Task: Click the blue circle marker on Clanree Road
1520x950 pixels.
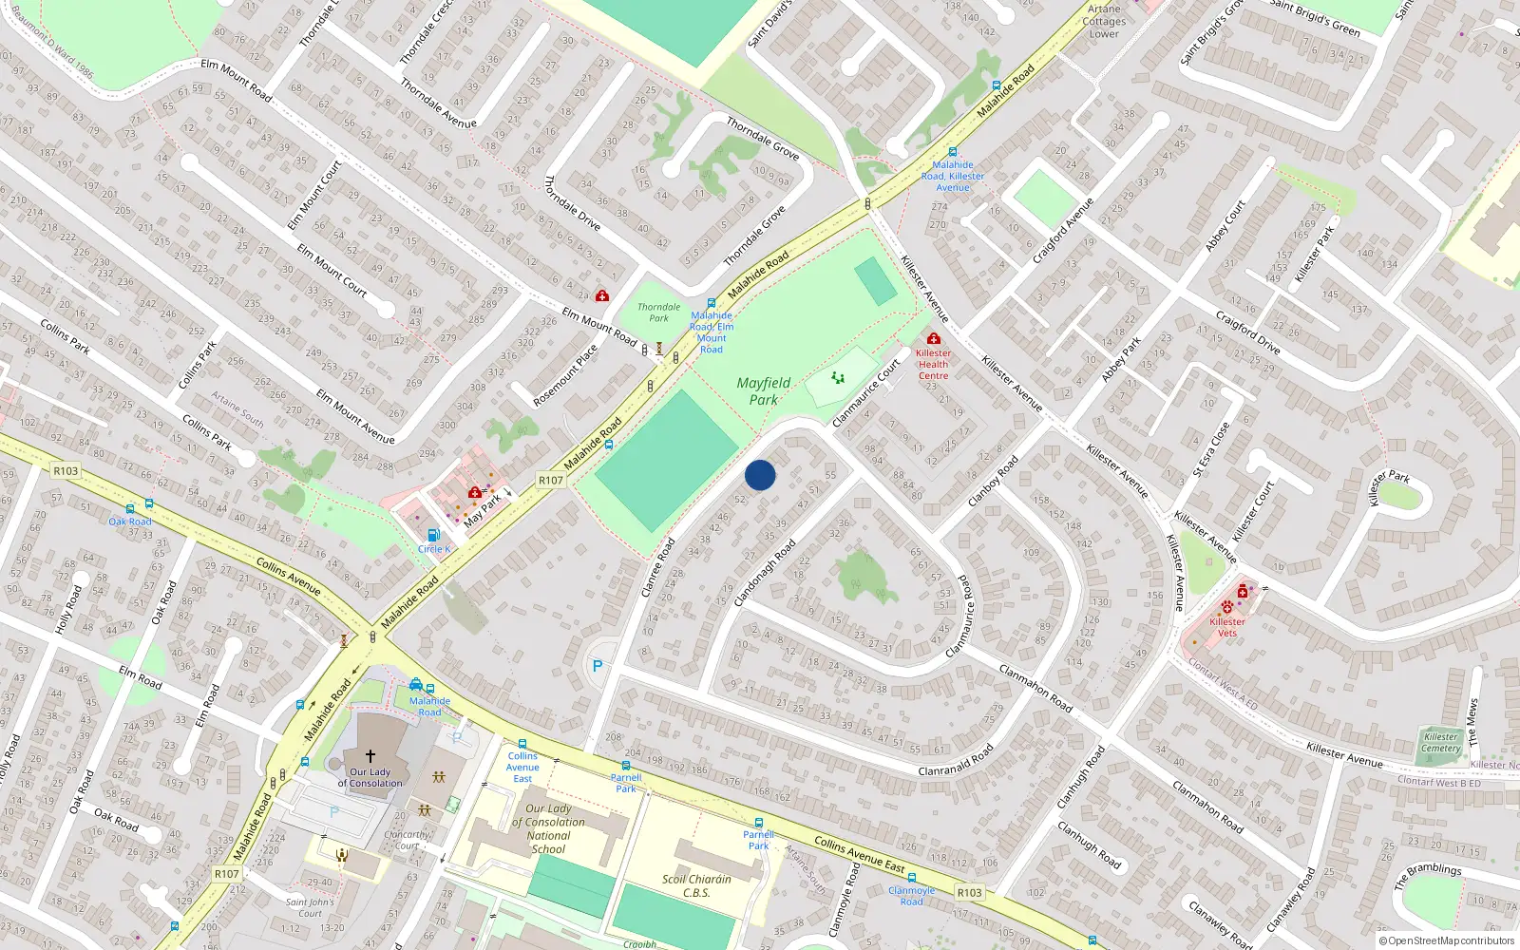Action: pos(760,475)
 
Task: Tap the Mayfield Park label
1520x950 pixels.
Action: pos(764,390)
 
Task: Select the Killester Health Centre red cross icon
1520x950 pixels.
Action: pos(934,339)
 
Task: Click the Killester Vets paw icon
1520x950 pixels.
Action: pos(1227,606)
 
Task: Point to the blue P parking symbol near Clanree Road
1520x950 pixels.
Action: pos(598,667)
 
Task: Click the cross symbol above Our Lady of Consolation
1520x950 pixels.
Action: pos(370,756)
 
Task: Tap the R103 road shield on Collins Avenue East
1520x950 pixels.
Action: pos(969,893)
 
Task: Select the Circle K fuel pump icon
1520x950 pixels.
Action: pos(433,536)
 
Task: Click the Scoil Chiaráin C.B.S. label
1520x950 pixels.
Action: pos(696,885)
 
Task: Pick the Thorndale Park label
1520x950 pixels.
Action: pos(658,313)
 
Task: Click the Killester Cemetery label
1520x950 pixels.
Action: pos(1440,742)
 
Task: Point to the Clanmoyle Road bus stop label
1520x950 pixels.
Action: pos(911,896)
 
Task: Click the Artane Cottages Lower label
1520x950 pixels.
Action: pos(1104,21)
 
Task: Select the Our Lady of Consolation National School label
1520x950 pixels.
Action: pos(549,829)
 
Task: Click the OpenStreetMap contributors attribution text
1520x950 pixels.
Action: pos(1447,941)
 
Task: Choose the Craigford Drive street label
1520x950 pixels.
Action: pos(1247,332)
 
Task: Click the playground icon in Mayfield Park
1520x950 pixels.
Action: pos(838,378)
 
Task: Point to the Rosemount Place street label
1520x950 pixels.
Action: pos(565,375)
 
